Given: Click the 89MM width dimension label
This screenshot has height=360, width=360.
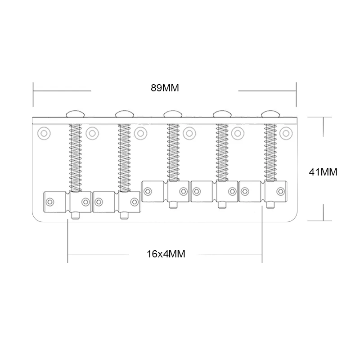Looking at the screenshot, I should pos(165,88).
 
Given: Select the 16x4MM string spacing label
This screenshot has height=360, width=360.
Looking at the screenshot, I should pos(166,253).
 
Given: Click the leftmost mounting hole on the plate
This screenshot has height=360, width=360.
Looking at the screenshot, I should pos(44,133).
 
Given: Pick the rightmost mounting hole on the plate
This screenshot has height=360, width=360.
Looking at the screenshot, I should pos(285,133).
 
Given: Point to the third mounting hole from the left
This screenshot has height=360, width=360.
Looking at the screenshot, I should pos(141,133).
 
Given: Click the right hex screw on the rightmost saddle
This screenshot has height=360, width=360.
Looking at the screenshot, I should pos(281,192).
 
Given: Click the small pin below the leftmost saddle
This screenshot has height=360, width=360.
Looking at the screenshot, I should pos(75,216).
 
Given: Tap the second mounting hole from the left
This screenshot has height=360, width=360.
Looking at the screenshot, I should pos(92,133).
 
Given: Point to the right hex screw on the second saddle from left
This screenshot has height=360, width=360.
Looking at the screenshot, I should pos(134,200).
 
